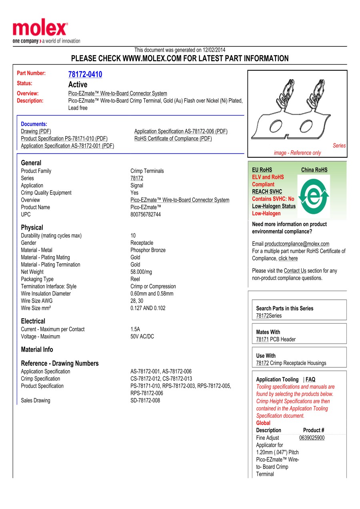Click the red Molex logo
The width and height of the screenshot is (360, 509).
(40, 29)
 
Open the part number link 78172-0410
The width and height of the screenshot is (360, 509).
(85, 74)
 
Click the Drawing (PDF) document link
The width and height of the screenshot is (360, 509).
(36, 131)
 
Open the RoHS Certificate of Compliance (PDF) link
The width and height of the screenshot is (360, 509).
(173, 138)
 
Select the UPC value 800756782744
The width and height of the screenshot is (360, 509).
(146, 214)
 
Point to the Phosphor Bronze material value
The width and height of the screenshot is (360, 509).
(148, 250)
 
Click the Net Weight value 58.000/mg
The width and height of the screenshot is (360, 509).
(141, 272)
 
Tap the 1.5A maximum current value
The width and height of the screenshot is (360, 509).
(135, 329)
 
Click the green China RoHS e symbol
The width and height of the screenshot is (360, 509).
(314, 195)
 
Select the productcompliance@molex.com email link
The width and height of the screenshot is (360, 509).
(297, 244)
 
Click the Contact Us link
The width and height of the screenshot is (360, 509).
(295, 271)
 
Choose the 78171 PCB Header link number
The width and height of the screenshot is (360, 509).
(262, 339)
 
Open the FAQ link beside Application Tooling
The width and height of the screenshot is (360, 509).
(310, 379)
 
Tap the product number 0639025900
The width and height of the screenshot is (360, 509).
(312, 438)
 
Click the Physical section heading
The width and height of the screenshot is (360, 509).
(32, 227)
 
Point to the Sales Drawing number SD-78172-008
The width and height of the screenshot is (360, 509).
(145, 400)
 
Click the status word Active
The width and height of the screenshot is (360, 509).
(78, 84)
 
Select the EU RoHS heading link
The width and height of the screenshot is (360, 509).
(262, 170)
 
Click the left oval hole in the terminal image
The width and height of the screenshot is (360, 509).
(275, 126)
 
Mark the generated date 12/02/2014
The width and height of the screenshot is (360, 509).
(214, 50)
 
